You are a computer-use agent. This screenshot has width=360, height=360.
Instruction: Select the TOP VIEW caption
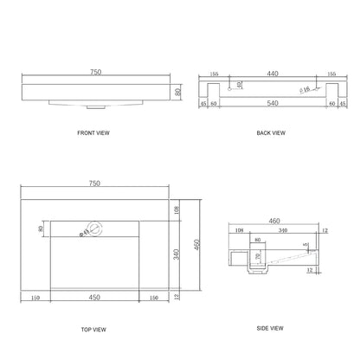94,330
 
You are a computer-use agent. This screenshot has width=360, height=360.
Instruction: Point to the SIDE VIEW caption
270,329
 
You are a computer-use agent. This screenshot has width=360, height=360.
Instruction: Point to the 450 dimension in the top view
94,298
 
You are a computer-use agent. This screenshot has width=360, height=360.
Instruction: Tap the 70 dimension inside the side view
256,258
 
